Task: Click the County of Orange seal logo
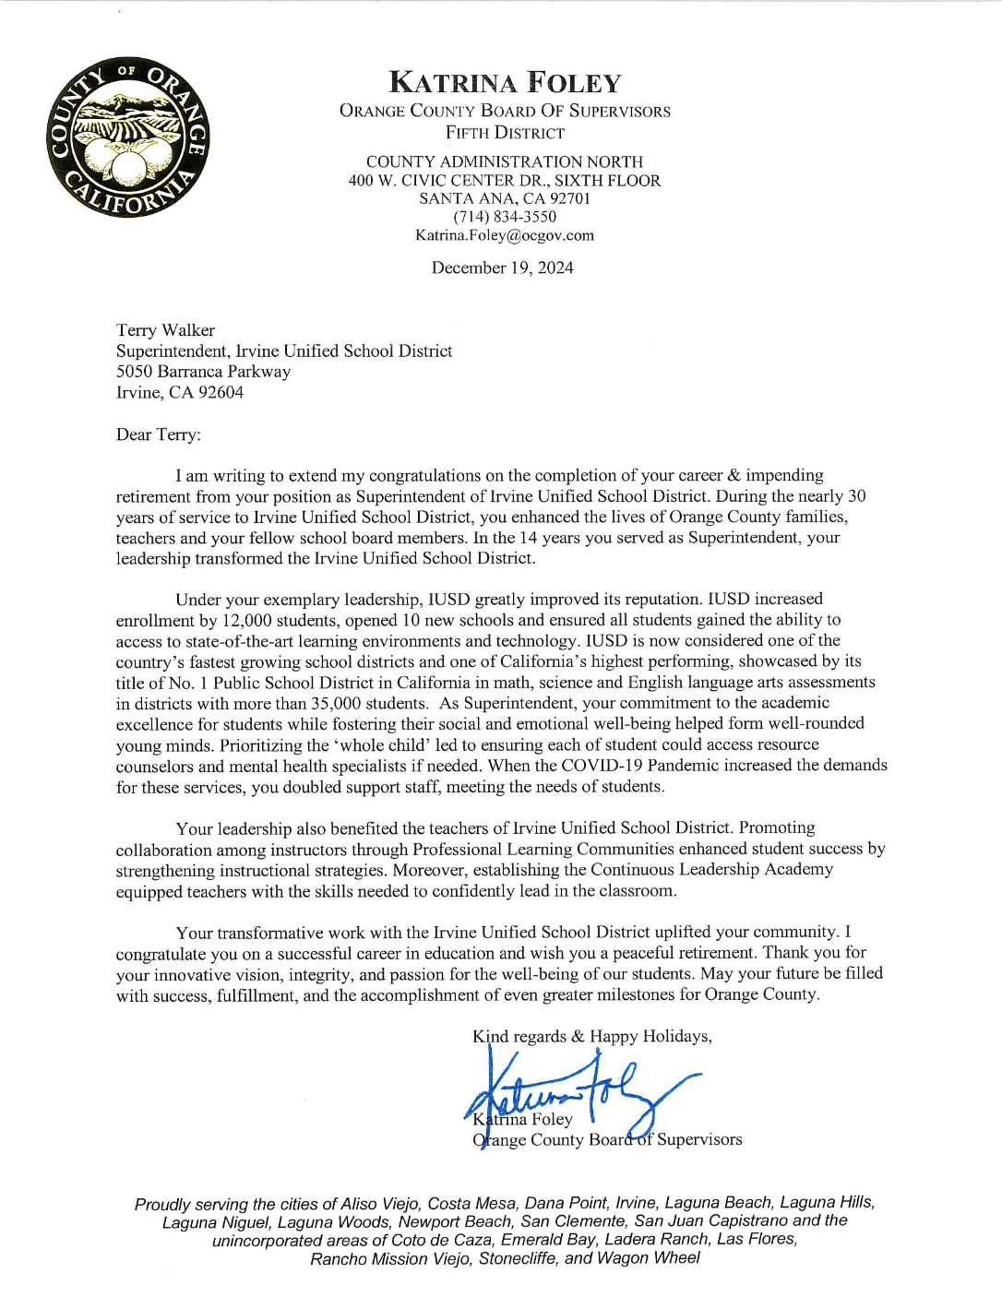click(128, 137)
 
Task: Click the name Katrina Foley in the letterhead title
click(505, 83)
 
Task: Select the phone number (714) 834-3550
click(505, 217)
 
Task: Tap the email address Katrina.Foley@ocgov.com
click(505, 235)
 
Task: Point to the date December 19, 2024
click(502, 268)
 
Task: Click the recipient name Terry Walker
click(165, 330)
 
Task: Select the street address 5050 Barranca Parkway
click(203, 372)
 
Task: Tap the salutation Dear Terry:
click(158, 434)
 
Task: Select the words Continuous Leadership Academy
click(711, 869)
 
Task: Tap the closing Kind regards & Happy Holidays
click(591, 1036)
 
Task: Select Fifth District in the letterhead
click(505, 133)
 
